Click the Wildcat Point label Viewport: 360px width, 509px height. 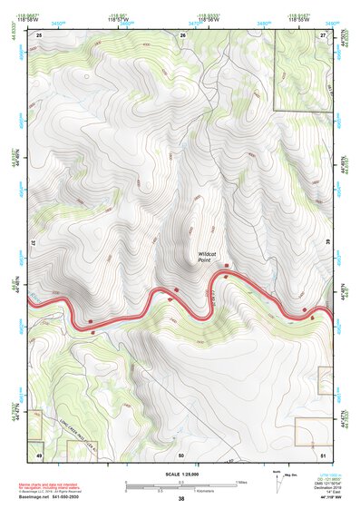[210, 257]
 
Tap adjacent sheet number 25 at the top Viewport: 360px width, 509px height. [40, 34]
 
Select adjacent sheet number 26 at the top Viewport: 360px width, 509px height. [182, 34]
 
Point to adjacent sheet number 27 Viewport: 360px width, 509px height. [325, 34]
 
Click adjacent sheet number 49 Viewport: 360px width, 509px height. [39, 453]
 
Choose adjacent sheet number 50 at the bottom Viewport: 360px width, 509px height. [181, 453]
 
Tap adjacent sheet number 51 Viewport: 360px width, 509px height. [324, 453]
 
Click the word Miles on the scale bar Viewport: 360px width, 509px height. [240, 482]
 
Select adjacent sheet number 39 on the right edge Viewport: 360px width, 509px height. [327, 241]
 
